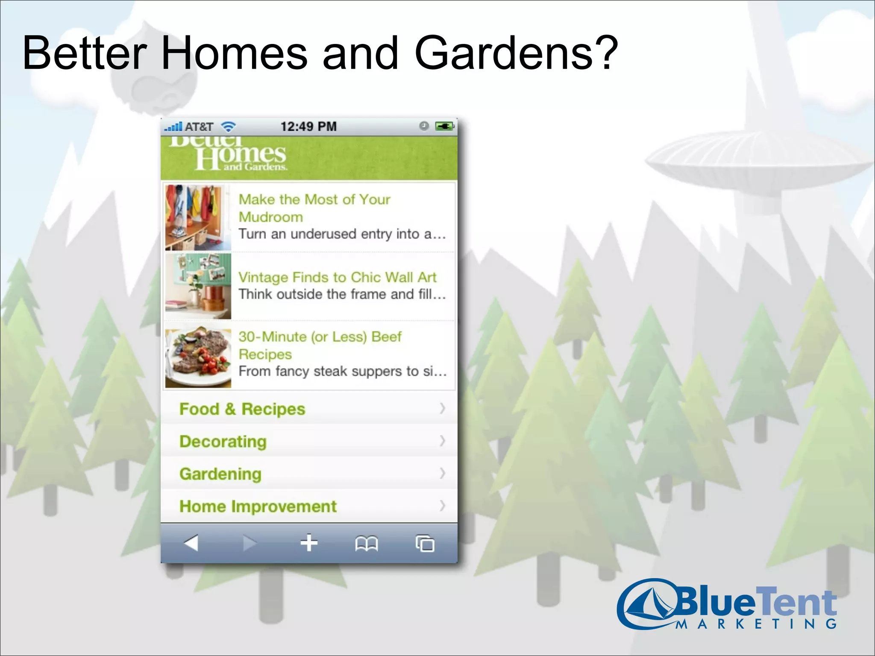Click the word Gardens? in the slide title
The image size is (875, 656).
(x=516, y=53)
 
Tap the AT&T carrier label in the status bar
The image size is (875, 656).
(x=199, y=127)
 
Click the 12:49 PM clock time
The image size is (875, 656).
(x=308, y=126)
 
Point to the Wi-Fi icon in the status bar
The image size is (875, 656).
(x=229, y=126)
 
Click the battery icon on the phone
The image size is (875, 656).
(x=444, y=126)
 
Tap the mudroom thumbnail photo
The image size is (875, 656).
(x=198, y=217)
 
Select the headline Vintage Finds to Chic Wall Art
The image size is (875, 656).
(x=337, y=277)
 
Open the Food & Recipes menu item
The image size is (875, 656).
(x=242, y=409)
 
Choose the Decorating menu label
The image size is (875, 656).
(x=223, y=442)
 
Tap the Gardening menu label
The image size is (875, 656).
(x=220, y=474)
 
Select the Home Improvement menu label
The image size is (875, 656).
(x=258, y=507)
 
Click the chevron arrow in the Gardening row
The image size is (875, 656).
(x=443, y=473)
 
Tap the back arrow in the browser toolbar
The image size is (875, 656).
(x=191, y=543)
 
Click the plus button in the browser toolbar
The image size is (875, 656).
(x=308, y=543)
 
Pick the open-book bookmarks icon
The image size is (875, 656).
(x=367, y=544)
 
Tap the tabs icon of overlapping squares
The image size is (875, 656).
(x=425, y=544)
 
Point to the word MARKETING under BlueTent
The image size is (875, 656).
(x=756, y=624)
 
